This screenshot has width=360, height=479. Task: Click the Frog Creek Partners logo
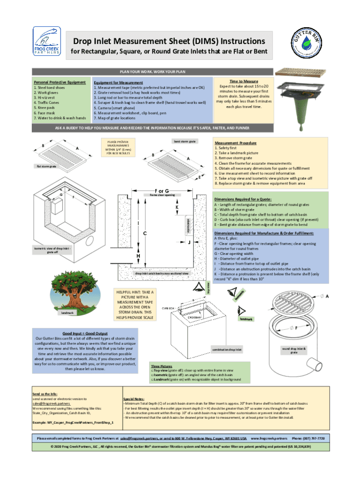tap(46, 42)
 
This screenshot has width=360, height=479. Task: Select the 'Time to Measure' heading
tap(247, 81)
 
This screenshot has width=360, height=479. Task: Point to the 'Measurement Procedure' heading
tap(235, 143)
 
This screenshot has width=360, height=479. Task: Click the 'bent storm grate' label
tap(185, 141)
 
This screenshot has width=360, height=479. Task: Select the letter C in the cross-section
tap(145, 232)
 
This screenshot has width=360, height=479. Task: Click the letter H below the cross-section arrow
tap(138, 257)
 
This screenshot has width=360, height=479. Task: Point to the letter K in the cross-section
tap(177, 206)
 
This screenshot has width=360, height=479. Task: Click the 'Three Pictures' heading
tap(162, 366)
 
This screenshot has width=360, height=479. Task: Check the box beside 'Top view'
tap(152, 370)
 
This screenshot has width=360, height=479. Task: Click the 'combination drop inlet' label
tap(227, 349)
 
